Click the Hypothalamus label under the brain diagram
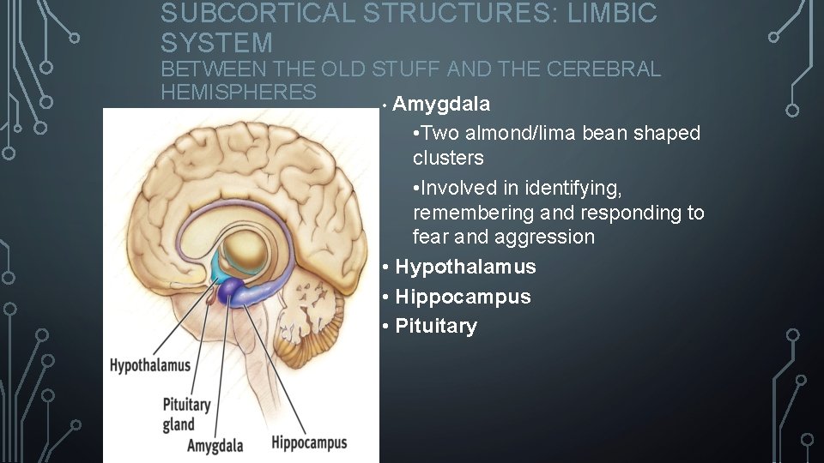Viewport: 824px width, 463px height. pos(149,365)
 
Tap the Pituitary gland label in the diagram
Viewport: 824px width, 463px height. pos(185,413)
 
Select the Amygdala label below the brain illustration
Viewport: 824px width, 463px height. pos(215,445)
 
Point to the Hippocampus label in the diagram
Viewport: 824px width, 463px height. pos(309,442)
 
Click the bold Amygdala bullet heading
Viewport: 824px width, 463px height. pos(442,105)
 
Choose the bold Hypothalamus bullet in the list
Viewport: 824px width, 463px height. pos(465,267)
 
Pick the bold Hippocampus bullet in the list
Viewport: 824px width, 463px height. pos(463,297)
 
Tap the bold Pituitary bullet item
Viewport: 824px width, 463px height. pos(436,326)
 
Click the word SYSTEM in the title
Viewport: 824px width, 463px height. pos(216,42)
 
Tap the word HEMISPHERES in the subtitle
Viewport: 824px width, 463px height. pos(239,91)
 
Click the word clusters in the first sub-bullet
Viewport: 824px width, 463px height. pos(448,158)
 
